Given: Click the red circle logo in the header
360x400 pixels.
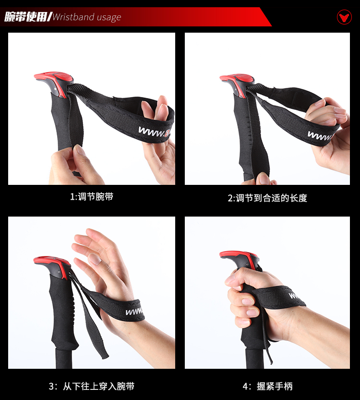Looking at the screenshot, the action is point(344,17).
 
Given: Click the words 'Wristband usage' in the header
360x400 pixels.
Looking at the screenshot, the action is point(87,17).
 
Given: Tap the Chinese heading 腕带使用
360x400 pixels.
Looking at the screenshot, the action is point(25,17).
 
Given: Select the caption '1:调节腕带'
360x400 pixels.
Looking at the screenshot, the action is point(92,197).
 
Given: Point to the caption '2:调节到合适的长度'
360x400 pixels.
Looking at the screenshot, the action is point(267,198).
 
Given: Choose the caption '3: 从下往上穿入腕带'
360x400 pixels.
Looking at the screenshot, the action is point(92,386).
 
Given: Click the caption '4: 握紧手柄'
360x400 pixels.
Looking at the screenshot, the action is point(267,386).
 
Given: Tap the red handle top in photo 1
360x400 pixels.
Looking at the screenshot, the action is point(54,80).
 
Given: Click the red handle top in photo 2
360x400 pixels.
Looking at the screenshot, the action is point(237,82).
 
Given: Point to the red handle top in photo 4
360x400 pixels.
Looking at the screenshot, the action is point(240,258).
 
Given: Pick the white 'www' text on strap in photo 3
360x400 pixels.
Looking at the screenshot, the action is point(134,312).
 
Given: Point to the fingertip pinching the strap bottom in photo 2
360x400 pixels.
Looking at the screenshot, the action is point(262,178).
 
